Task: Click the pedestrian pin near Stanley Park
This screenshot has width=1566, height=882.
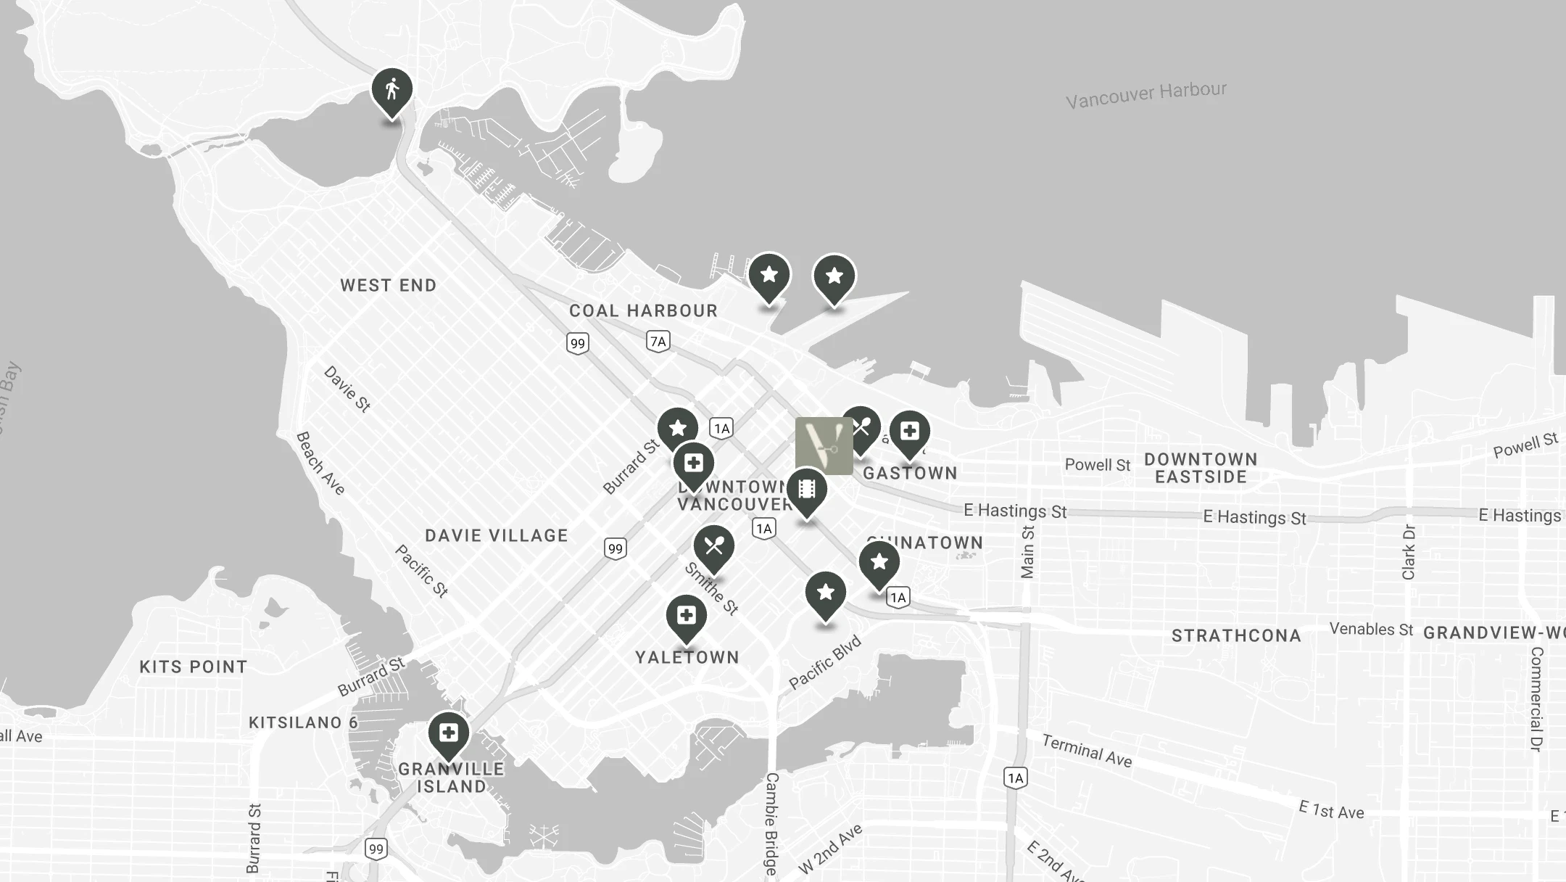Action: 392,91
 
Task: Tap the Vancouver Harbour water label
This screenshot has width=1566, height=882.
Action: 1145,94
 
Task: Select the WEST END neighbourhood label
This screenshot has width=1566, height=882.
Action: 389,286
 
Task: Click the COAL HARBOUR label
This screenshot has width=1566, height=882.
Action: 643,311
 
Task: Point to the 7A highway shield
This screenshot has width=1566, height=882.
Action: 658,341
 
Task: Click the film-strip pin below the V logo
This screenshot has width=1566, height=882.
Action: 806,490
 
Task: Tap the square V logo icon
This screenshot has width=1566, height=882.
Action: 824,445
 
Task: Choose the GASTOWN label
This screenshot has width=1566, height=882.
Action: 910,474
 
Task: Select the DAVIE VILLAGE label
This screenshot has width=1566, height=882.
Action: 497,536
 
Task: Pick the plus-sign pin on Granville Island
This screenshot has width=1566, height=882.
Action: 449,733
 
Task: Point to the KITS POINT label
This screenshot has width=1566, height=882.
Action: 194,667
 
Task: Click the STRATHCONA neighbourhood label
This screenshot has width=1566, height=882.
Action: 1236,636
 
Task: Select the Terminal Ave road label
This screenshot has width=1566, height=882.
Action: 1087,750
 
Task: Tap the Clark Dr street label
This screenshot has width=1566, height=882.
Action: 1409,552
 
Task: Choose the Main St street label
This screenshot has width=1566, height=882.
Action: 1027,552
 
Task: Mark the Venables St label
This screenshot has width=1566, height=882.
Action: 1371,629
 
